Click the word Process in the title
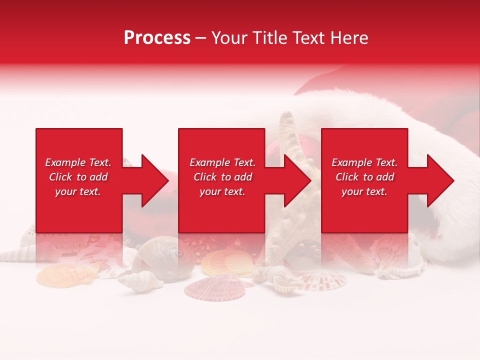click(157, 38)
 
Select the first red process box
click(79, 210)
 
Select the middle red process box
click(221, 210)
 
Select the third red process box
click(364, 210)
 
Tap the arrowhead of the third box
click(439, 180)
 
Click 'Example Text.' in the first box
click(78, 162)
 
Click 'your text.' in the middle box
click(222, 192)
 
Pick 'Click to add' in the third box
click(364, 177)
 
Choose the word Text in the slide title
click(308, 38)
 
